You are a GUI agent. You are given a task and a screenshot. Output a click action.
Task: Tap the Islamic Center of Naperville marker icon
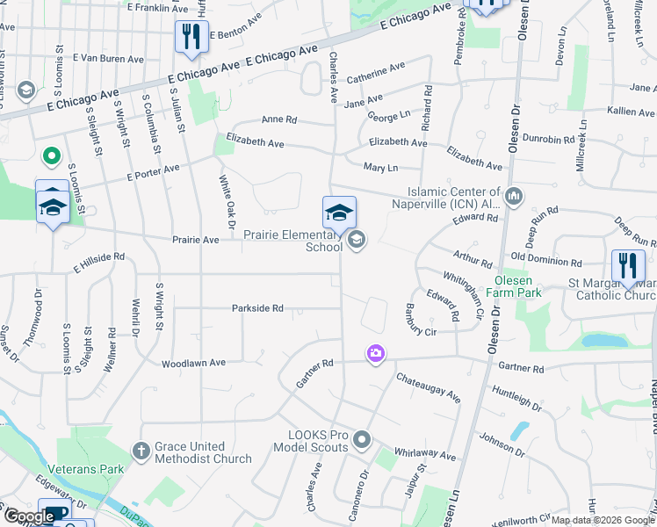[x=515, y=197]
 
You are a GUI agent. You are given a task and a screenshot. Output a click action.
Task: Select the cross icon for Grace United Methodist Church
[x=141, y=451]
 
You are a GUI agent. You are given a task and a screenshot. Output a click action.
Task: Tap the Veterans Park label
[x=87, y=469]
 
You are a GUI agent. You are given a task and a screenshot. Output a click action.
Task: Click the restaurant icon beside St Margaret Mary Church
[x=627, y=265]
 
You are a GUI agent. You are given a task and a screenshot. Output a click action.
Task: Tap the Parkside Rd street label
[x=257, y=308]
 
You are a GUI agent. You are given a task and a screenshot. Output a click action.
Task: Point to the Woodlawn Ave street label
[x=193, y=362]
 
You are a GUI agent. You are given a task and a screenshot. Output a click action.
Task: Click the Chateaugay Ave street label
[x=428, y=386]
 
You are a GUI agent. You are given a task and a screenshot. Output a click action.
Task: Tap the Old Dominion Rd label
[x=545, y=263]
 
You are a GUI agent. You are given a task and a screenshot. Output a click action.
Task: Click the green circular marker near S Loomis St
[x=52, y=156]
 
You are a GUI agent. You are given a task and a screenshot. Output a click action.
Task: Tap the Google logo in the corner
[x=28, y=516]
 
